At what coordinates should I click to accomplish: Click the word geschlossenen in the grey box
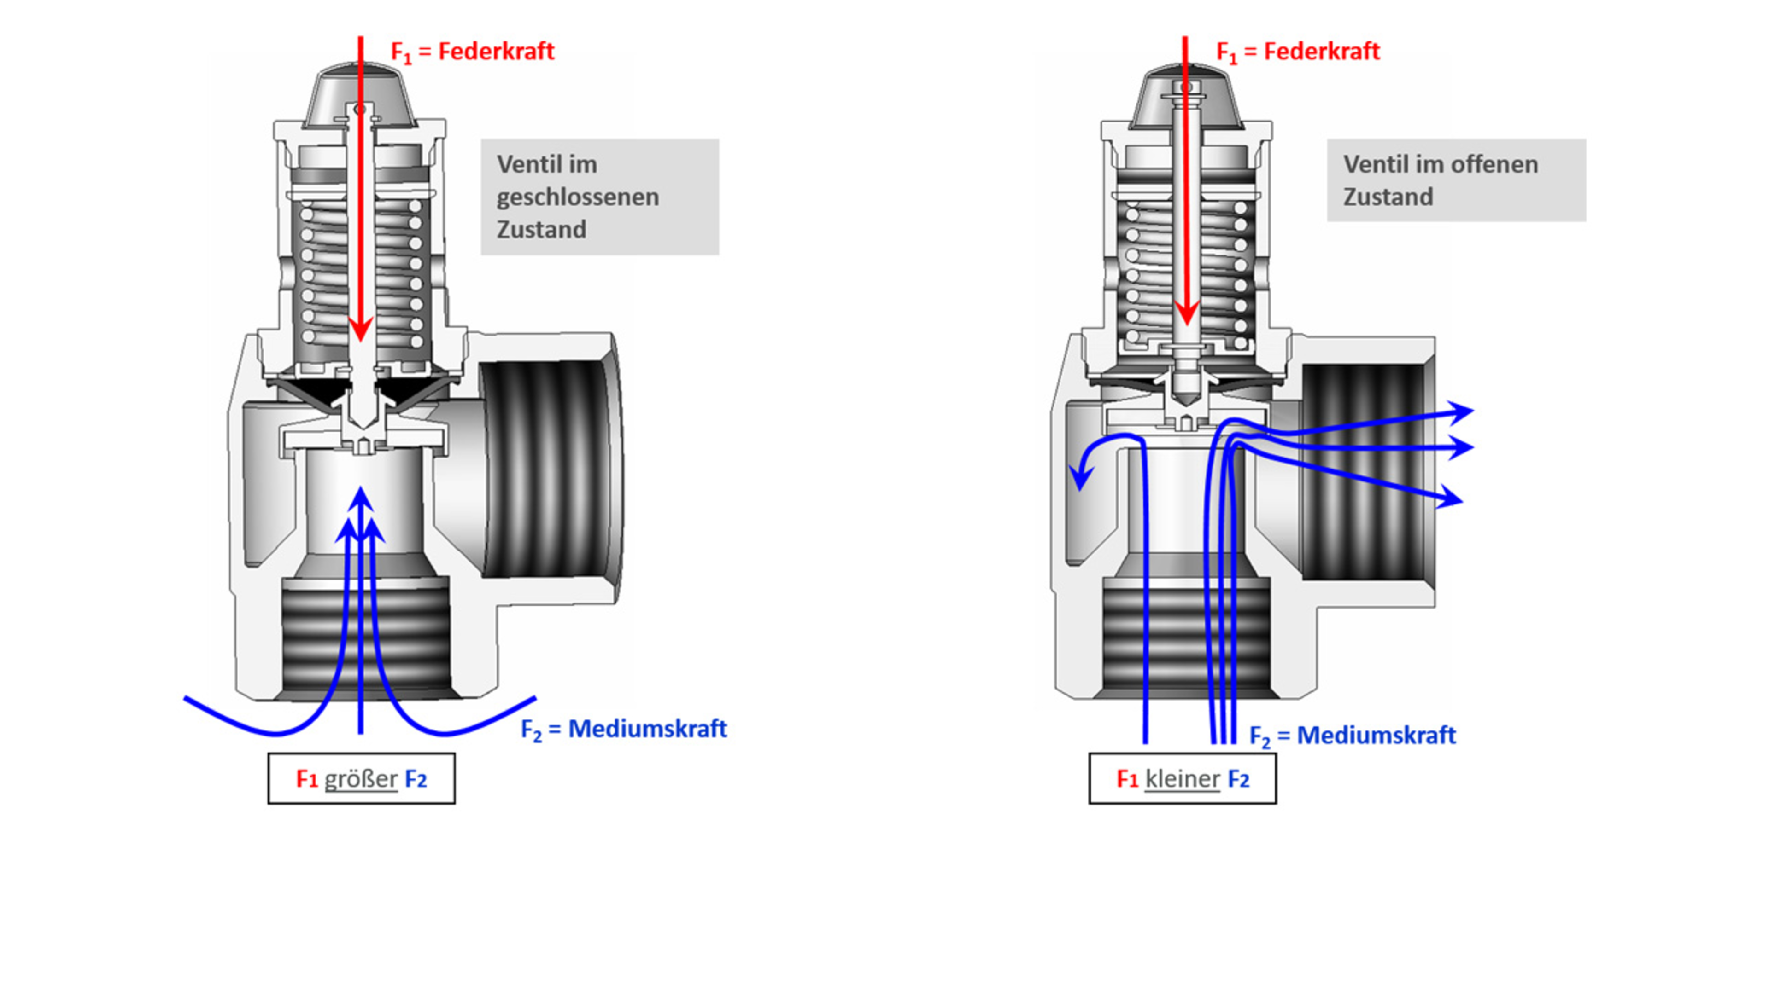click(578, 197)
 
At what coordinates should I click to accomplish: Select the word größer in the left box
click(361, 779)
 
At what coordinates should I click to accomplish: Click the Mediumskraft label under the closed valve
click(647, 729)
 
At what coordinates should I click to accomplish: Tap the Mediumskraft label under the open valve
click(1376, 736)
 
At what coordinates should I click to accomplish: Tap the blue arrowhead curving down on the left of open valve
click(1082, 475)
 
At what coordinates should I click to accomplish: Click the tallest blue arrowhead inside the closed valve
click(361, 498)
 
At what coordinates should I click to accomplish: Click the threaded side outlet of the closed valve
click(550, 470)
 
